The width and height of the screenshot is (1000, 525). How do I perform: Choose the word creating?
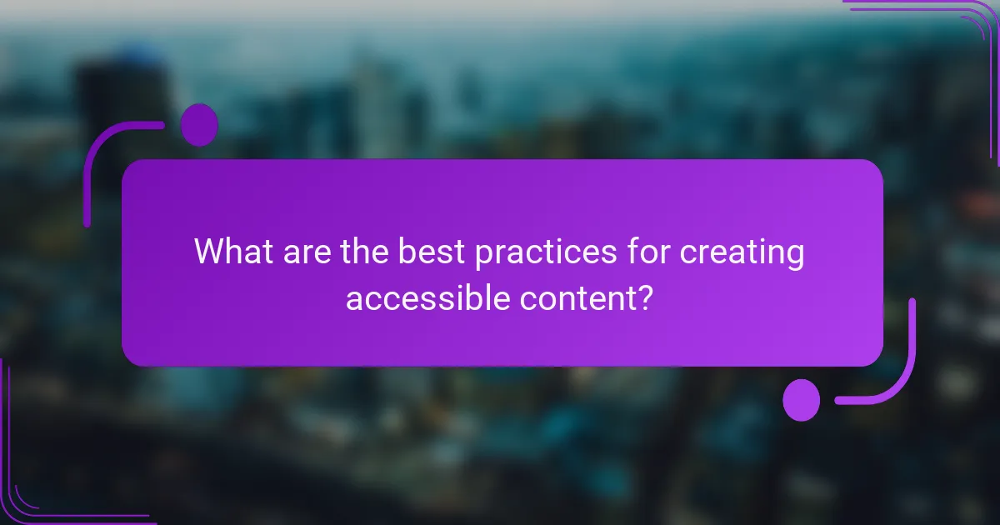point(742,253)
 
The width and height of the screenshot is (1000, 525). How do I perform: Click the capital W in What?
point(210,252)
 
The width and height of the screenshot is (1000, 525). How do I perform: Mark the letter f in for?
point(636,251)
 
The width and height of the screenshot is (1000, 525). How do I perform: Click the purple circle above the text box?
point(199,125)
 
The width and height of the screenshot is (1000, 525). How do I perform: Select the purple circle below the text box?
point(802,399)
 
